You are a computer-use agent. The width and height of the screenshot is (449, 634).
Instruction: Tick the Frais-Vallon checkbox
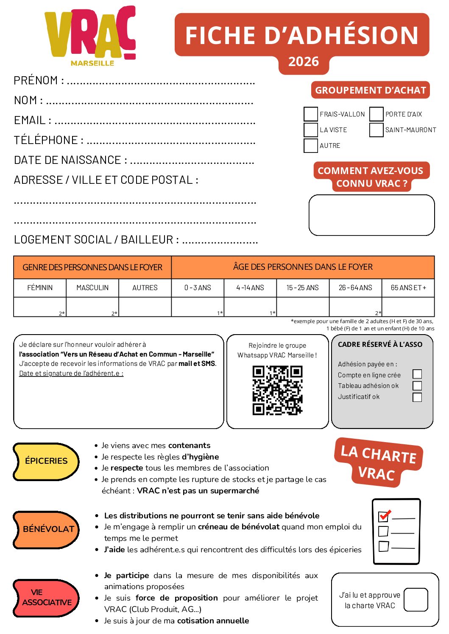(311, 114)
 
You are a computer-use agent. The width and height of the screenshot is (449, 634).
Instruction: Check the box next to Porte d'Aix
(376, 114)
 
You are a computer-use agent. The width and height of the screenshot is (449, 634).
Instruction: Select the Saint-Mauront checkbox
(376, 130)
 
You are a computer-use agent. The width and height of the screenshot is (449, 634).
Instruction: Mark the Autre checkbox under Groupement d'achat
(311, 145)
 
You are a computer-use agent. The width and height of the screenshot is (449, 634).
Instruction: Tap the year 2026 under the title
(303, 62)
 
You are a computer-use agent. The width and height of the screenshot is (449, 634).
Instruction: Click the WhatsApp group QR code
(277, 390)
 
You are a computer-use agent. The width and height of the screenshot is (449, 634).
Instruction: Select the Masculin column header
(92, 288)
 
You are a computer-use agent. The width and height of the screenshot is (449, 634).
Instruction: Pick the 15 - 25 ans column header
(302, 288)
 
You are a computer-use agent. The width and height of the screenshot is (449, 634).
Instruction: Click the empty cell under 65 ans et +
(408, 307)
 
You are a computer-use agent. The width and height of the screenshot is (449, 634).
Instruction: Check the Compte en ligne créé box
(417, 374)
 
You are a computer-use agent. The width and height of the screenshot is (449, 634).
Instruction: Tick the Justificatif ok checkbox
(417, 397)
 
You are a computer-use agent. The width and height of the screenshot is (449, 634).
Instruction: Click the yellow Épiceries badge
(46, 461)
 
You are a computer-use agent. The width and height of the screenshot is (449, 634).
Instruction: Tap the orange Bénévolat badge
(47, 529)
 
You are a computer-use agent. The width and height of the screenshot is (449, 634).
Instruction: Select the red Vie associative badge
(46, 598)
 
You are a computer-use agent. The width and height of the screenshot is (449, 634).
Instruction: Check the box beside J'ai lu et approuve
(416, 600)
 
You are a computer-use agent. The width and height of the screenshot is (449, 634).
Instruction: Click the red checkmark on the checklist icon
(385, 515)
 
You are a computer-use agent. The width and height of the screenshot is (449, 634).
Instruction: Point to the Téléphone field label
(46, 140)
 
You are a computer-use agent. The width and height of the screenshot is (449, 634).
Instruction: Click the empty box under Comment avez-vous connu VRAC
(371, 215)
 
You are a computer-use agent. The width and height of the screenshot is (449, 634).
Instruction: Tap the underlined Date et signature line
(71, 374)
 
